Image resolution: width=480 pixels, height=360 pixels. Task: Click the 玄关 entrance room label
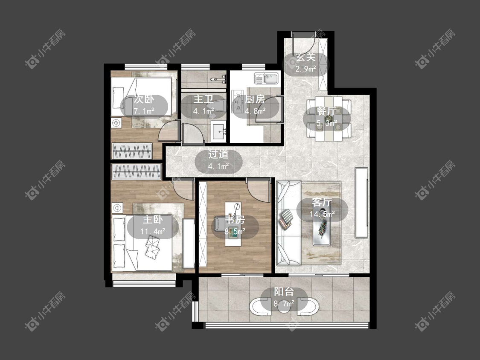305,57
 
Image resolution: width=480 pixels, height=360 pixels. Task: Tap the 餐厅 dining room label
327,111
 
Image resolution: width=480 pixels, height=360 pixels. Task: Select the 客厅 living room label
322,202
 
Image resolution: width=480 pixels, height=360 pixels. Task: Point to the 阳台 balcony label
284,292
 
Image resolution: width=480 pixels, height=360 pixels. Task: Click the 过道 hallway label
218,154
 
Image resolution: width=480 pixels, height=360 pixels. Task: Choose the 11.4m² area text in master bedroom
153,231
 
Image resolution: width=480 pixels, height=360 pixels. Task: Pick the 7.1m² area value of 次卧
144,111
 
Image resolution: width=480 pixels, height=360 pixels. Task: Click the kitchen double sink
266,78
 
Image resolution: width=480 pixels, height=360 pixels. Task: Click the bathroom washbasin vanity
218,131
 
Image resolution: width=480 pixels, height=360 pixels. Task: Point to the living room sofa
288,223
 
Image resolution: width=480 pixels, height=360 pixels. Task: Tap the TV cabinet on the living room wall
361,203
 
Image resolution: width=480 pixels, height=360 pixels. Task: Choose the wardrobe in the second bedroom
132,151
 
